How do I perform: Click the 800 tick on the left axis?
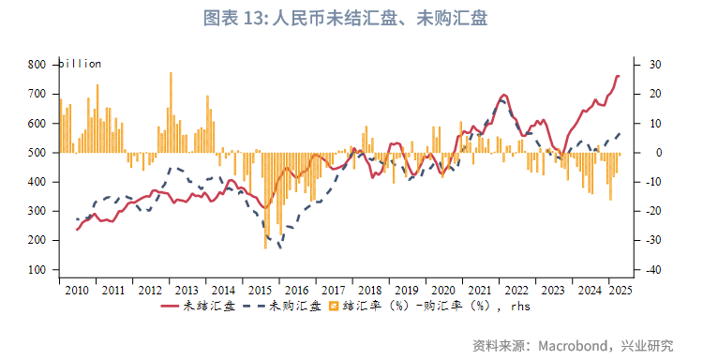click(x=37, y=65)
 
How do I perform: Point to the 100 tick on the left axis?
click(x=37, y=270)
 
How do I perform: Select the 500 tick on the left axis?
click(x=37, y=153)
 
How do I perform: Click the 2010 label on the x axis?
click(x=78, y=291)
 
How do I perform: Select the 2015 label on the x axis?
click(x=260, y=291)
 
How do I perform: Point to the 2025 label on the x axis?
click(x=621, y=291)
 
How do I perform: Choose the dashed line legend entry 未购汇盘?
click(x=281, y=306)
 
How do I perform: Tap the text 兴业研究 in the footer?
click(x=646, y=345)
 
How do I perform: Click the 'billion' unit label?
click(x=80, y=64)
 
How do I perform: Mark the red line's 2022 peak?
click(x=504, y=95)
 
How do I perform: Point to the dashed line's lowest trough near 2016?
click(x=279, y=247)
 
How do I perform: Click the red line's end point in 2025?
click(x=619, y=76)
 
